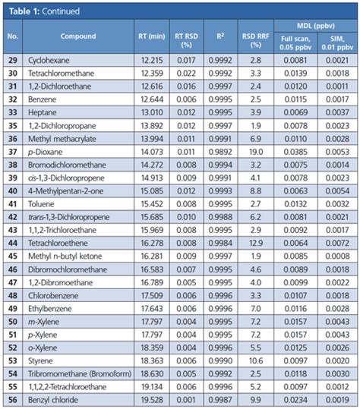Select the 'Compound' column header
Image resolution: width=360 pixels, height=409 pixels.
(x=79, y=36)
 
